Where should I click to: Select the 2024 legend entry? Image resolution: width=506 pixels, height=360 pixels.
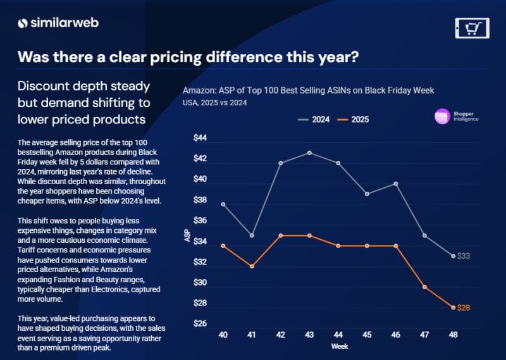click(x=316, y=119)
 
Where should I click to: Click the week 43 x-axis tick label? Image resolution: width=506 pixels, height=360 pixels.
click(x=309, y=334)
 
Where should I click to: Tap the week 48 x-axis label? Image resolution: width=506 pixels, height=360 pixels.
click(x=453, y=334)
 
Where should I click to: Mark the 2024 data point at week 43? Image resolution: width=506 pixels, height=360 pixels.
click(x=309, y=152)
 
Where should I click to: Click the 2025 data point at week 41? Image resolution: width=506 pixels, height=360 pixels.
click(x=252, y=266)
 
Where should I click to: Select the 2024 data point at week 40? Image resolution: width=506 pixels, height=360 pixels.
click(x=223, y=204)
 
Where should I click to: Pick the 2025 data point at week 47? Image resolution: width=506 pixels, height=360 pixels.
click(x=424, y=287)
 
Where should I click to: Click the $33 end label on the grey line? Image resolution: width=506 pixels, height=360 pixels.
click(x=464, y=256)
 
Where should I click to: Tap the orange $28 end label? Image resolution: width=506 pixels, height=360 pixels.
click(x=464, y=307)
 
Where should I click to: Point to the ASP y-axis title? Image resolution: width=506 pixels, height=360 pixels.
click(x=187, y=235)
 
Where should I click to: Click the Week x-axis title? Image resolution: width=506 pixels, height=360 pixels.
click(x=338, y=347)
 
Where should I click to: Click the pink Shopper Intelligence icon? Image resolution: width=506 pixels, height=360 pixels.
click(x=442, y=116)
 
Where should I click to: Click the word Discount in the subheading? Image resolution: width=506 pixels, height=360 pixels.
click(x=43, y=85)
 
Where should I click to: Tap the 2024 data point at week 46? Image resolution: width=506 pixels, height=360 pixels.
click(x=395, y=183)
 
